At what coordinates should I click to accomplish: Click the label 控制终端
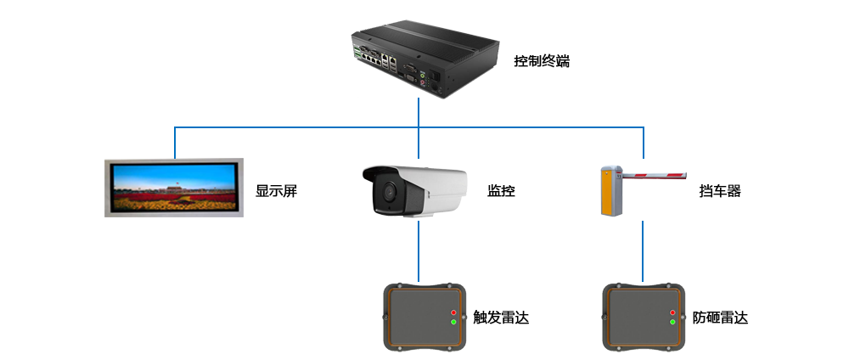click(542, 61)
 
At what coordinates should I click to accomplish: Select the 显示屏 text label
click(276, 191)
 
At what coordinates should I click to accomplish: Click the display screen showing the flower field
click(174, 187)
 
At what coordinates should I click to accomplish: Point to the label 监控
click(501, 191)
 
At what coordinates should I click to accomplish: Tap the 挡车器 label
click(720, 191)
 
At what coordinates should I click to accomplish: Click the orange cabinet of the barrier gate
click(609, 192)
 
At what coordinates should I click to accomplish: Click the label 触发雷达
click(501, 318)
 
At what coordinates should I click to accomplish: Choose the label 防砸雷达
click(720, 318)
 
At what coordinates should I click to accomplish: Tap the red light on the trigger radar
click(453, 313)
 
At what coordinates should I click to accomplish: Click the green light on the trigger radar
click(453, 323)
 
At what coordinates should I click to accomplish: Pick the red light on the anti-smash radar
click(672, 313)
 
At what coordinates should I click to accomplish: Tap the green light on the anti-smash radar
click(672, 323)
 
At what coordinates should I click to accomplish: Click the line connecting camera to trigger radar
click(419, 251)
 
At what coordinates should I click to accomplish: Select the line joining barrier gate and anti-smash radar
click(643, 251)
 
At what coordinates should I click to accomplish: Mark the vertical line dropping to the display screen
click(175, 143)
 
